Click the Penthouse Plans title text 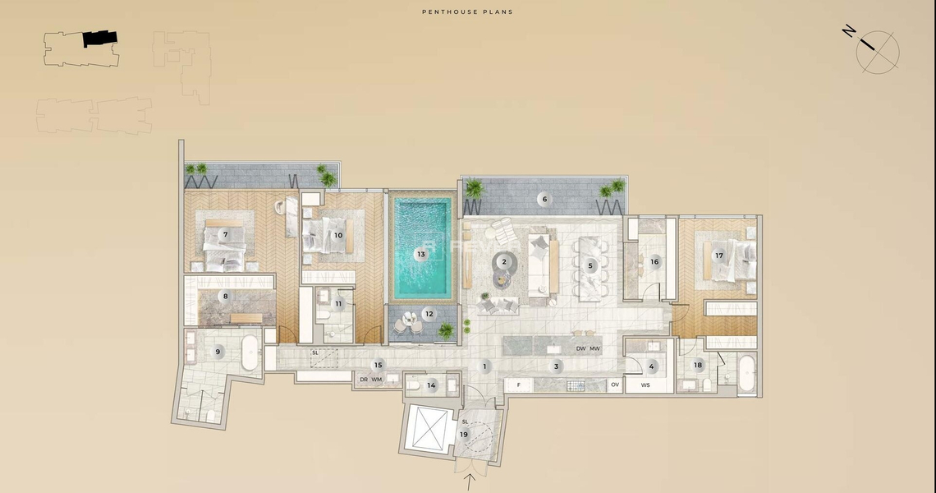(467, 12)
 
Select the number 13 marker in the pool (421, 254)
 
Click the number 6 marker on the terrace (544, 199)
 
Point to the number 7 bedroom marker (225, 234)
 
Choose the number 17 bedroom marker (719, 255)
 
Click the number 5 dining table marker (590, 265)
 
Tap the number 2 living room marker (504, 262)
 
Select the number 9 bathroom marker (218, 352)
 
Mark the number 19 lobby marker (464, 435)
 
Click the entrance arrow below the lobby (470, 481)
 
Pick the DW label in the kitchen (580, 349)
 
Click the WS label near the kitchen (645, 385)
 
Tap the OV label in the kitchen (614, 385)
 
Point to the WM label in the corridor (377, 380)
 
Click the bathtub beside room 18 (746, 374)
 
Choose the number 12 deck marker (429, 314)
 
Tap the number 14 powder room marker (431, 385)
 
